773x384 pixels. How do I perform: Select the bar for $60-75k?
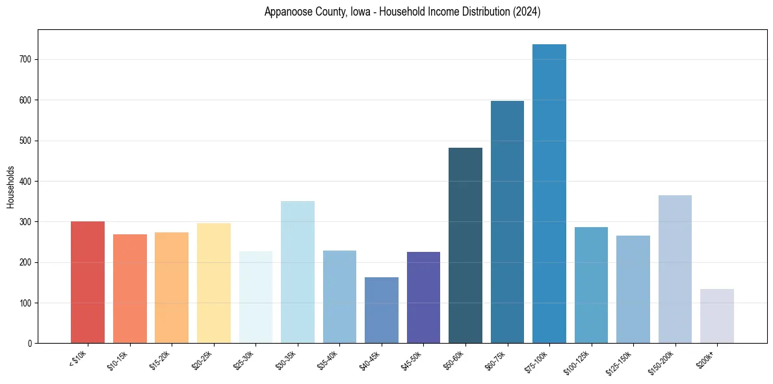507,222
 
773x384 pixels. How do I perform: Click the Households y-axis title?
10,187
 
